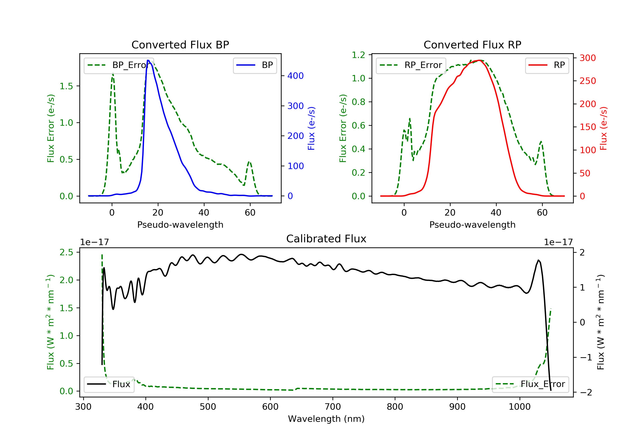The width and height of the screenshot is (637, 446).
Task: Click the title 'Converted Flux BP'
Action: pos(180,45)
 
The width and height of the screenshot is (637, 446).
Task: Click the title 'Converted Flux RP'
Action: pos(472,45)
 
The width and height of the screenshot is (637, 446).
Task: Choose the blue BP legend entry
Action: pos(255,65)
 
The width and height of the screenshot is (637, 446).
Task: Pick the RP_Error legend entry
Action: pos(411,65)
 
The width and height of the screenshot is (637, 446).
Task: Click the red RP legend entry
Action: pos(547,65)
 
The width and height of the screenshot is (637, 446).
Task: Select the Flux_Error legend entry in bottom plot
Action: pos(530,384)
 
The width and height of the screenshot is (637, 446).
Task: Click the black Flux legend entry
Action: pos(109,384)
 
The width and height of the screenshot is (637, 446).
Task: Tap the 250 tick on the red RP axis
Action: pos(588,81)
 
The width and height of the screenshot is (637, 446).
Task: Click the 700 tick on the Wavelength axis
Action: pos(333,407)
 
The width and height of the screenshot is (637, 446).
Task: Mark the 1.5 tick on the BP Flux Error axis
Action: pos(66,86)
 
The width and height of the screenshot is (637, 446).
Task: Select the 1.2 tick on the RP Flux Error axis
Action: pos(358,55)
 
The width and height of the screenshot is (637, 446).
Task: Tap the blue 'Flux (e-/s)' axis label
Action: pos(311,128)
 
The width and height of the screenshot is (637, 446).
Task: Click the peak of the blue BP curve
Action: pos(148,60)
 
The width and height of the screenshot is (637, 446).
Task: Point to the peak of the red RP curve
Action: pos(479,60)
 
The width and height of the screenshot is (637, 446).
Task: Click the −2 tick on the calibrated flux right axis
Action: pos(586,392)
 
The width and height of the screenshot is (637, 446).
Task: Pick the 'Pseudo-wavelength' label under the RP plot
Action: pos(472,224)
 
